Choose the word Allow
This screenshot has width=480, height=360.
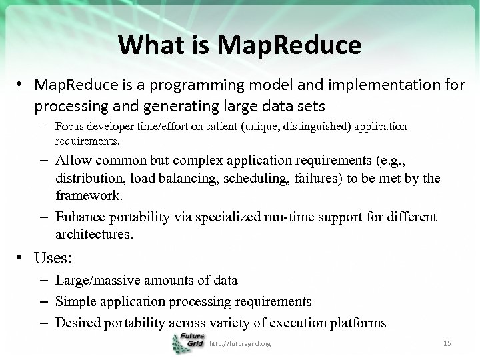(x=74, y=160)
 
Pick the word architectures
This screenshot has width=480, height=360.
(x=94, y=234)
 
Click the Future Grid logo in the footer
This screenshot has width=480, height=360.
(x=188, y=343)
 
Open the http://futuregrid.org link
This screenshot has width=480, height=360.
(x=240, y=343)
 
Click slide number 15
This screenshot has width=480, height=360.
(x=447, y=343)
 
